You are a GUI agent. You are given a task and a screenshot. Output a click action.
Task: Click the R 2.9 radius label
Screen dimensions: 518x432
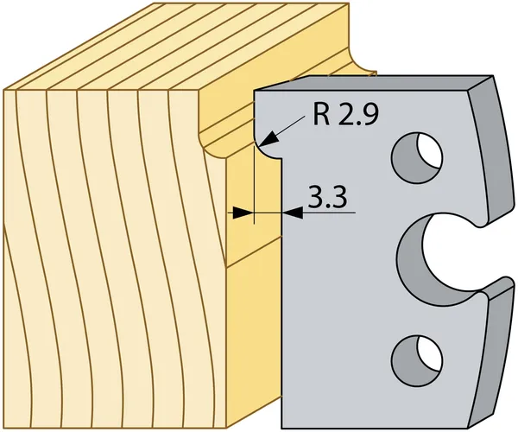tap(344, 115)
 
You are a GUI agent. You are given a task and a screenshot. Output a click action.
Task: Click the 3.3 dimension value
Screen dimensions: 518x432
tap(327, 197)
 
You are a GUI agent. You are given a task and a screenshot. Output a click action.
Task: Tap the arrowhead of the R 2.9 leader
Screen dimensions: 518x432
tap(268, 138)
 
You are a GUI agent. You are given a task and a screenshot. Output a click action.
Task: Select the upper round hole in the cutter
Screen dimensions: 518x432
tap(417, 157)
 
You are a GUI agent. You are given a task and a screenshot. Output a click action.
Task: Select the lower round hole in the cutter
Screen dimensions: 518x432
tap(417, 363)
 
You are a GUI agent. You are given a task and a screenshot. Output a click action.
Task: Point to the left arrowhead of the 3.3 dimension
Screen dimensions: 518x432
tap(243, 213)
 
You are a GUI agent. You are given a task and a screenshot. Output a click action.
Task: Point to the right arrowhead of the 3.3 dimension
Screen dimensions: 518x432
tap(292, 213)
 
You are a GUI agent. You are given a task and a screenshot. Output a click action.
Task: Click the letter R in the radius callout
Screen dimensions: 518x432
tap(321, 115)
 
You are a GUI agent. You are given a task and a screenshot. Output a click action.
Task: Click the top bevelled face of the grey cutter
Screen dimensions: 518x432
tap(373, 83)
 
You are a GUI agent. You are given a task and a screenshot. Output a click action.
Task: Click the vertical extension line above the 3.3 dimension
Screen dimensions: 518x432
tap(254, 185)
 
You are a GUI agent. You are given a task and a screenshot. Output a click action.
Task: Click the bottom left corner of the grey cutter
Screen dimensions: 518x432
tap(281, 429)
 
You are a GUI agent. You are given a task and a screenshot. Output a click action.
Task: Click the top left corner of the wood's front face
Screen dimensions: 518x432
tap(3, 90)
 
